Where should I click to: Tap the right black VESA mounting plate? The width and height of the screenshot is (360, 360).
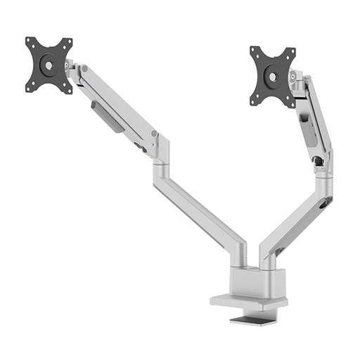pyautogui.click(x=273, y=75)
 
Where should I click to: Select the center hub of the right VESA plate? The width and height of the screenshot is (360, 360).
pyautogui.click(x=272, y=76)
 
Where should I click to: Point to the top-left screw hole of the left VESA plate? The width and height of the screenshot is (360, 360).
pyautogui.click(x=30, y=41)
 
